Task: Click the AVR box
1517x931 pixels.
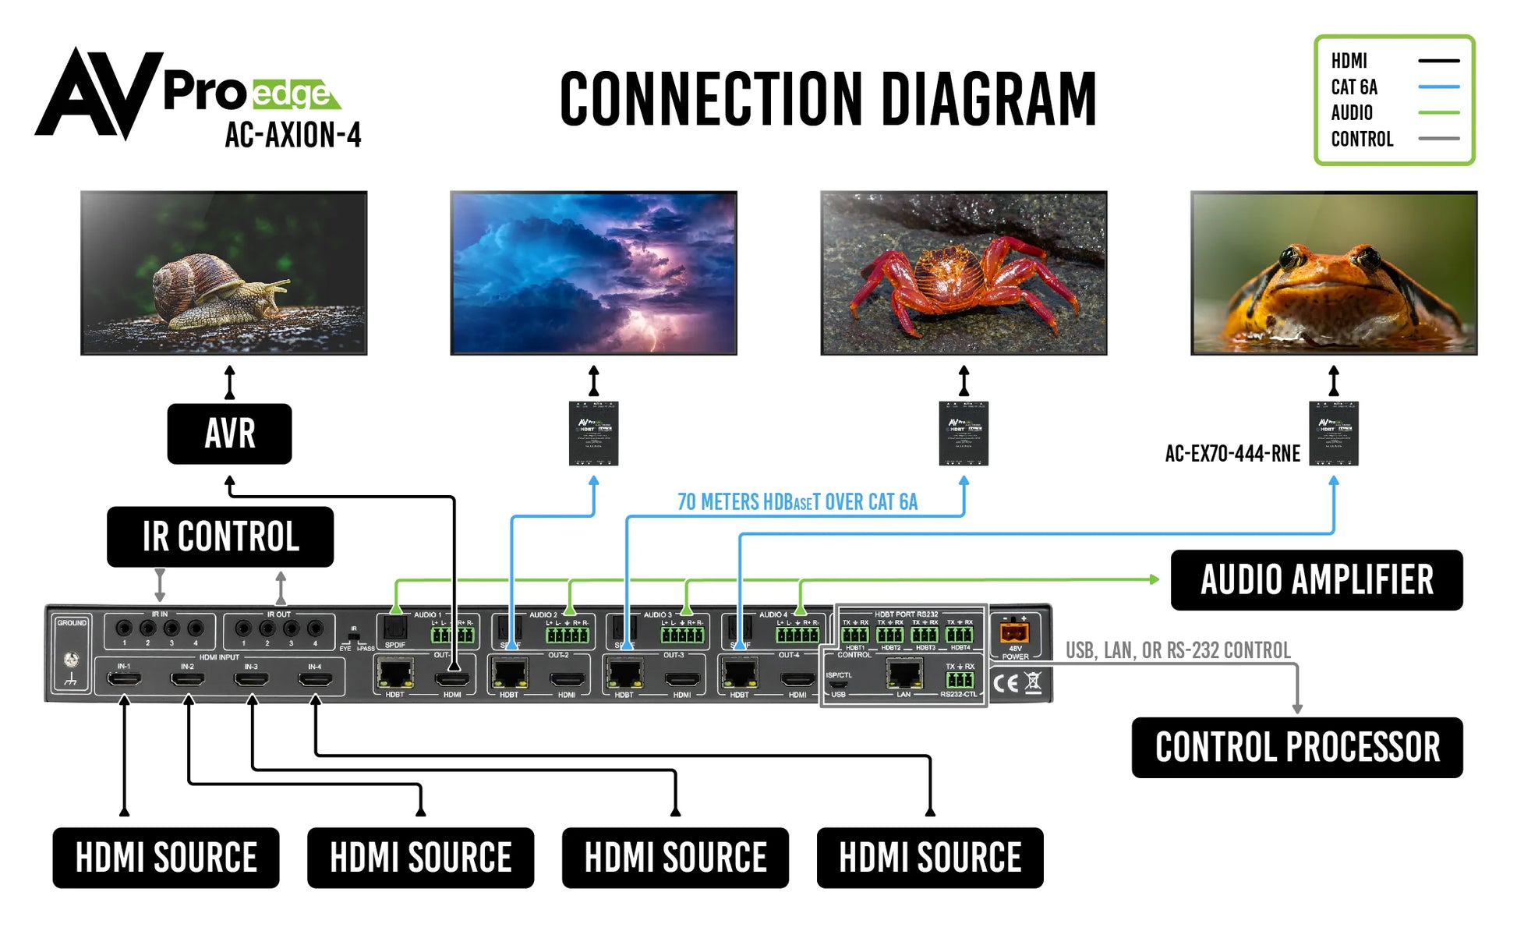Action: point(229,434)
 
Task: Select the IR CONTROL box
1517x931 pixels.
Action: point(220,536)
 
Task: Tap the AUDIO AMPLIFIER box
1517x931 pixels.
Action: point(1316,580)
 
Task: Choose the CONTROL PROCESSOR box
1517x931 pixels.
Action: point(1296,747)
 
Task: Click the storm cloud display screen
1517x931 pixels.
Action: point(593,273)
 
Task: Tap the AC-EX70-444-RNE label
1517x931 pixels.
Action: point(1232,454)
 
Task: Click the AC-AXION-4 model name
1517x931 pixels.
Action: point(293,136)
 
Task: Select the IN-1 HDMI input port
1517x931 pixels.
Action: point(124,680)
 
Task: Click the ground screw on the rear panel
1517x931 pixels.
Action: point(71,660)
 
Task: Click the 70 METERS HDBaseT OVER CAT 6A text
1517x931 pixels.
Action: point(797,502)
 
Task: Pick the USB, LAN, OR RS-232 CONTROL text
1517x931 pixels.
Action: point(1177,650)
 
